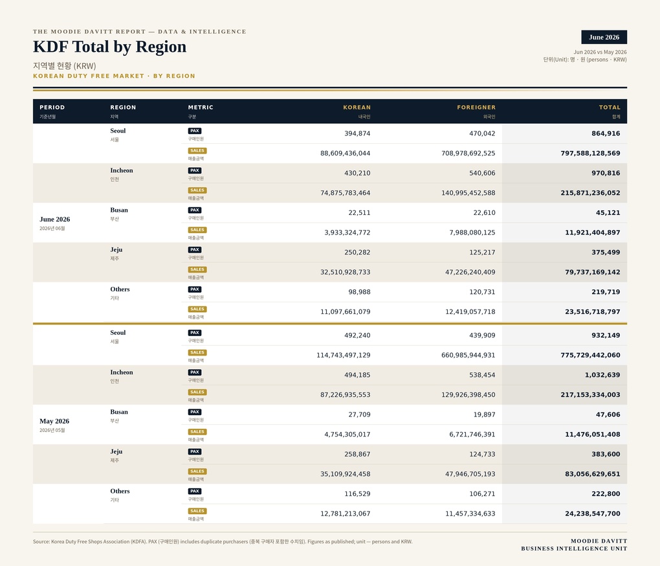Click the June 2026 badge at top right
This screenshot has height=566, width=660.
pyautogui.click(x=604, y=37)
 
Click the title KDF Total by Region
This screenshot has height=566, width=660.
pyautogui.click(x=109, y=47)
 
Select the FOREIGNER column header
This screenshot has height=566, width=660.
pyautogui.click(x=476, y=108)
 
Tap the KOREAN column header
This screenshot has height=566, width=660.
pyautogui.click(x=357, y=108)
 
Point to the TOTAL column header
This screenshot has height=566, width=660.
pyautogui.click(x=610, y=108)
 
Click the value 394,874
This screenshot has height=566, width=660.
pyautogui.click(x=357, y=133)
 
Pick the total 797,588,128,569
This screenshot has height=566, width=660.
pyautogui.click(x=590, y=153)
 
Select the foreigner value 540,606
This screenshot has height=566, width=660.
pyautogui.click(x=482, y=173)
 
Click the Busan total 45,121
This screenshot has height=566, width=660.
pyautogui.click(x=608, y=212)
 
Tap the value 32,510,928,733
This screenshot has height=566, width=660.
pyautogui.click(x=345, y=272)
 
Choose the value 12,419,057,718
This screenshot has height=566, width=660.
pyautogui.click(x=470, y=311)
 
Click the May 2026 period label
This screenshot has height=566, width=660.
pyautogui.click(x=54, y=421)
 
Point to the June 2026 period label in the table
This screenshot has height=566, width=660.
pyautogui.click(x=55, y=220)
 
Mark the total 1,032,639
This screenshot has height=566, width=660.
pyautogui.click(x=602, y=375)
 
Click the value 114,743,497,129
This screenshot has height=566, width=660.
pyautogui.click(x=344, y=355)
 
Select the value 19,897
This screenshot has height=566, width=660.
pyautogui.click(x=485, y=414)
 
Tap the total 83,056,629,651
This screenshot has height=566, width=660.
pyautogui.click(x=593, y=474)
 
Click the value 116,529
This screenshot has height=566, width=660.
pyautogui.click(x=357, y=493)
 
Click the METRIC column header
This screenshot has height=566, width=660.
pyautogui.click(x=201, y=108)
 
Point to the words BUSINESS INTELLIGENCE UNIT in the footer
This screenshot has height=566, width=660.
pyautogui.click(x=574, y=549)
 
